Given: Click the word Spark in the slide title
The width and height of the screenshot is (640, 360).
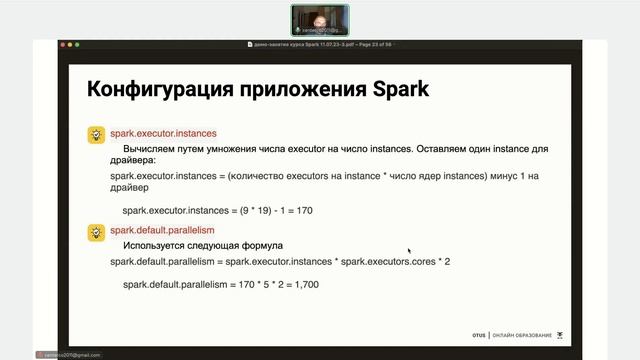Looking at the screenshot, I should (398, 89).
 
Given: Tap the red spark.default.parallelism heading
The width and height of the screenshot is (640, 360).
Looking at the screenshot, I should (163, 230).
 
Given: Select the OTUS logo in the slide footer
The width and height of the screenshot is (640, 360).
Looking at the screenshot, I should (478, 335).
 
